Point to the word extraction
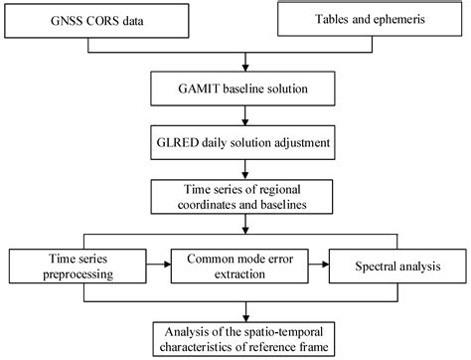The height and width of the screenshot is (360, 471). pyautogui.click(x=235, y=275)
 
